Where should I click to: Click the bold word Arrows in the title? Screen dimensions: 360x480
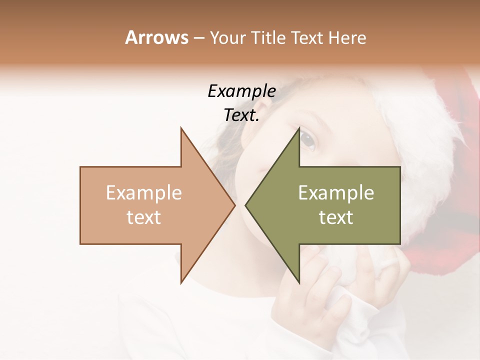pyautogui.click(x=156, y=37)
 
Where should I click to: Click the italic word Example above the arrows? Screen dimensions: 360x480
pyautogui.click(x=241, y=91)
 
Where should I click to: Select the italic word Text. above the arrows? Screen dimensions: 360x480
pyautogui.click(x=241, y=115)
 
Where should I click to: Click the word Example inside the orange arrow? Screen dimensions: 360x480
pyautogui.click(x=143, y=193)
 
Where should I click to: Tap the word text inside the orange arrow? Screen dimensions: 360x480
pyautogui.click(x=143, y=217)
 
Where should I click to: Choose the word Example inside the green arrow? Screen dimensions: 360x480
pyautogui.click(x=336, y=193)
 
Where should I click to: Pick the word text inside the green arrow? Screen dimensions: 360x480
pyautogui.click(x=336, y=217)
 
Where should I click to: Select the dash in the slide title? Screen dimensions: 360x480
pyautogui.click(x=198, y=38)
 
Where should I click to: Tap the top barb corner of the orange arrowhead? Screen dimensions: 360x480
pyautogui.click(x=181, y=128)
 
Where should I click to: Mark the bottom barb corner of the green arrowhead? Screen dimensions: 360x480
pyautogui.click(x=299, y=283)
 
